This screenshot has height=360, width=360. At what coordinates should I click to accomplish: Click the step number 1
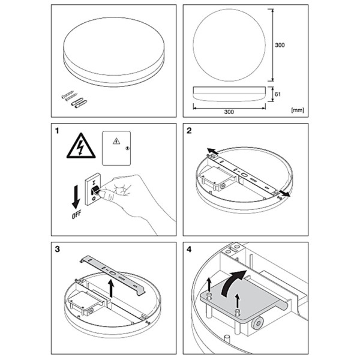[x=58, y=131]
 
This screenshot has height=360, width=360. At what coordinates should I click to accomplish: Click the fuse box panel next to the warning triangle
[x=117, y=148]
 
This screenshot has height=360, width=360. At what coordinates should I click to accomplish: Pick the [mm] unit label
[x=296, y=110]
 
